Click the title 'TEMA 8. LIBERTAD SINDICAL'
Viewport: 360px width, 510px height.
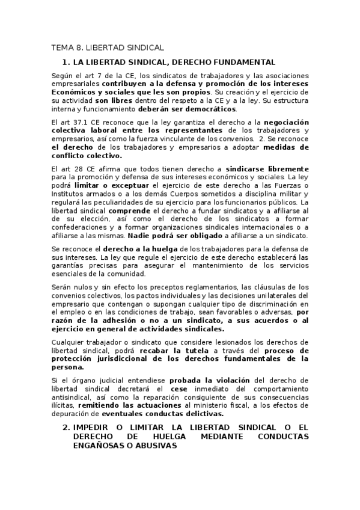point(108,48)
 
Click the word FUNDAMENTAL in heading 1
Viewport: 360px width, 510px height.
point(242,62)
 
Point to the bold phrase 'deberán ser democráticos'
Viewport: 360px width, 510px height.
point(186,109)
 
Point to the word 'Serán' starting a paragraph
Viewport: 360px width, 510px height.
point(63,287)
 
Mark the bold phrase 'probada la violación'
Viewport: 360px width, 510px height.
point(208,380)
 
